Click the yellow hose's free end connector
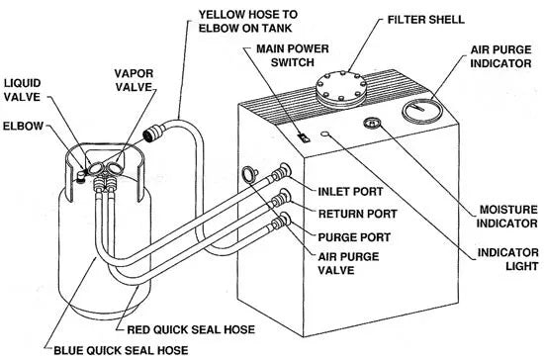[x=150, y=129]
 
